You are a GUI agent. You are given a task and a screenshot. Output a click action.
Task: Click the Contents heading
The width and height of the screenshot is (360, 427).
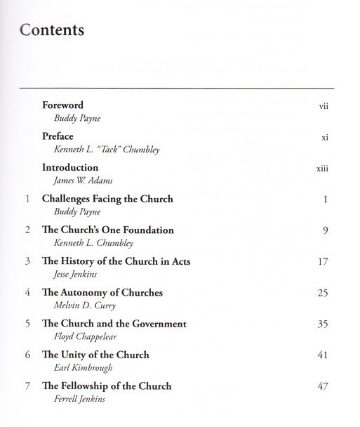[x=52, y=30]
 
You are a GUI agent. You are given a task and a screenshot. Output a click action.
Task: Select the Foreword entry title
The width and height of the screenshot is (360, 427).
[x=62, y=105]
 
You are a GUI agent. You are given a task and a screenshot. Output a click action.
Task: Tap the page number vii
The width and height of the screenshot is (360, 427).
[x=324, y=105]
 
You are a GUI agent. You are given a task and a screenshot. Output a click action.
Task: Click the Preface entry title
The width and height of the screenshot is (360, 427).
[x=58, y=136]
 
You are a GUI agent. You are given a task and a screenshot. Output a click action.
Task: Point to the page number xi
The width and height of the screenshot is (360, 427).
[x=325, y=137]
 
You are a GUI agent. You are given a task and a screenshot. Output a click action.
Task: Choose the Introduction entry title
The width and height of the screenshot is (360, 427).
[x=70, y=168]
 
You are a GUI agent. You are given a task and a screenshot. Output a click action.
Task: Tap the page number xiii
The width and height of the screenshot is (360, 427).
[x=323, y=169]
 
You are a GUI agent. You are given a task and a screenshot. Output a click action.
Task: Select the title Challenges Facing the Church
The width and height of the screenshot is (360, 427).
[x=107, y=199]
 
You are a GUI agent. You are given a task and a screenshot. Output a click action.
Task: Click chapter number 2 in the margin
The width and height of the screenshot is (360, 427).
[x=27, y=230]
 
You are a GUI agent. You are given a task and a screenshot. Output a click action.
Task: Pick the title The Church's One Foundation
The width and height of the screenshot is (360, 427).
[x=108, y=230]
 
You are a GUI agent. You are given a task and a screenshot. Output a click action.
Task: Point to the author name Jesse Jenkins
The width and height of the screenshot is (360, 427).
[x=69, y=274]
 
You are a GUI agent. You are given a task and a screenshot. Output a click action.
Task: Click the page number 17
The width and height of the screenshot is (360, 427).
[x=323, y=262]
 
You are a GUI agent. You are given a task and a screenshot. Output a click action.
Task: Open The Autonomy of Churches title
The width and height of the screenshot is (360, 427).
[x=102, y=293]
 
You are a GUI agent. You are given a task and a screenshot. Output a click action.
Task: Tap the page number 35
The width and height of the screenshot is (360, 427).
[x=323, y=324]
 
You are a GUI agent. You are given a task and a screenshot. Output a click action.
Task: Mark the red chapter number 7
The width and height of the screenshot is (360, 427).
[x=27, y=386]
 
